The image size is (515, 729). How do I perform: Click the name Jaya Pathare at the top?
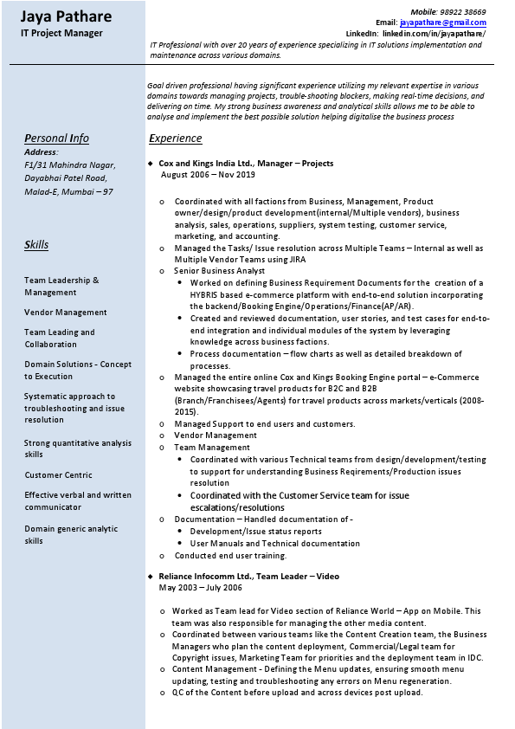(x=66, y=16)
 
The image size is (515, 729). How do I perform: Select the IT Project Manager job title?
(x=61, y=33)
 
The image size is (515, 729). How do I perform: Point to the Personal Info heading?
(x=56, y=139)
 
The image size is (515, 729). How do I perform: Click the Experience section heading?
(x=176, y=139)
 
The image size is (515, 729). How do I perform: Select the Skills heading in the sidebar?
(x=36, y=245)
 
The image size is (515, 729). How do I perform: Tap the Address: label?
(x=42, y=152)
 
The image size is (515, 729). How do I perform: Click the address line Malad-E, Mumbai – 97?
(x=68, y=191)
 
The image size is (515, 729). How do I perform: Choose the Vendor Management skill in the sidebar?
(x=66, y=313)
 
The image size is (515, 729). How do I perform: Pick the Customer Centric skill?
(x=58, y=475)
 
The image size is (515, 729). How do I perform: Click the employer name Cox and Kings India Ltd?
(x=206, y=163)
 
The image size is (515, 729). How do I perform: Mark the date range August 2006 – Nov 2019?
(x=208, y=174)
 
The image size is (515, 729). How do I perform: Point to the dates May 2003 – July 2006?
(x=201, y=587)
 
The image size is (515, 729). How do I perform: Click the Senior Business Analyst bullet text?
(x=220, y=271)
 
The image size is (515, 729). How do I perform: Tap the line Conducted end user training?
(x=230, y=556)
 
